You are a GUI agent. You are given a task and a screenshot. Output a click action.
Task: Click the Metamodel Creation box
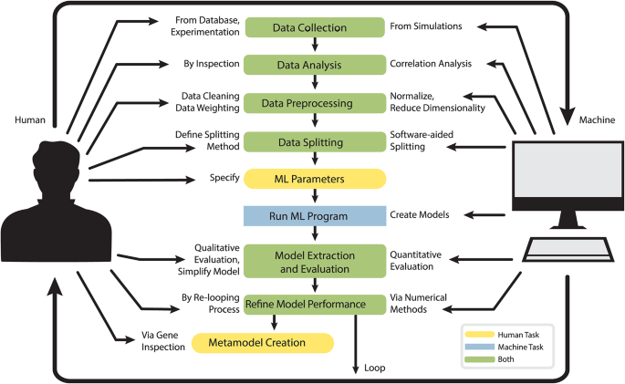tap(262, 343)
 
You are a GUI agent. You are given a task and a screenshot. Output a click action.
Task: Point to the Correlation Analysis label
tap(431, 65)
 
